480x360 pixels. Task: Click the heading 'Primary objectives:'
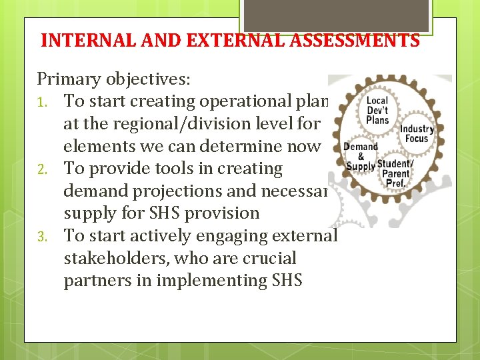(x=114, y=79)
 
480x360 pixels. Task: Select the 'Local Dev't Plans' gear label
(x=378, y=111)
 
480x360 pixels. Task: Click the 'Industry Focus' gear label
(x=417, y=133)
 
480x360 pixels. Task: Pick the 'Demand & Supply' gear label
(x=360, y=156)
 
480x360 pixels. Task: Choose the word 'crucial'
(x=269, y=259)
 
